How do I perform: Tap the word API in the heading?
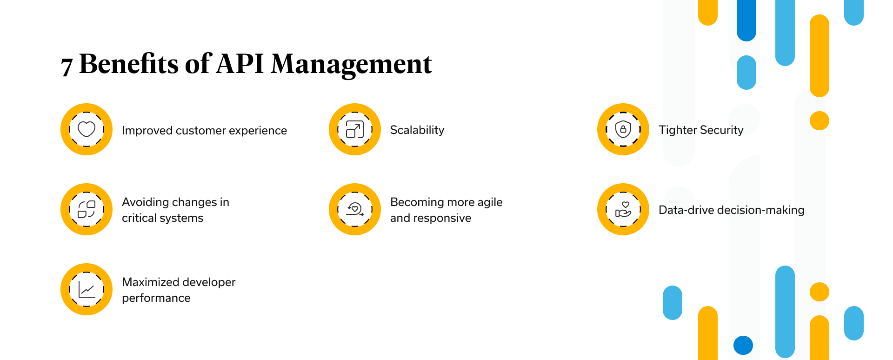240,63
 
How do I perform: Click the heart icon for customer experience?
87,129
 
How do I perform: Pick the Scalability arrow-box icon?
355,129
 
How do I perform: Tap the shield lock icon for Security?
623,129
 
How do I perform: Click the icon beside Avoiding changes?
87,209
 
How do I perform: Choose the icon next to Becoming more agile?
355,209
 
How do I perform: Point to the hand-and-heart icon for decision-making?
623,209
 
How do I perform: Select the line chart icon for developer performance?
87,289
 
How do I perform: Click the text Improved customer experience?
204,131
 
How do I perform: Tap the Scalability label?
417,130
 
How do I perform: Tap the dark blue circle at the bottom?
743,345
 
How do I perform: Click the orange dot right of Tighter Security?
820,121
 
